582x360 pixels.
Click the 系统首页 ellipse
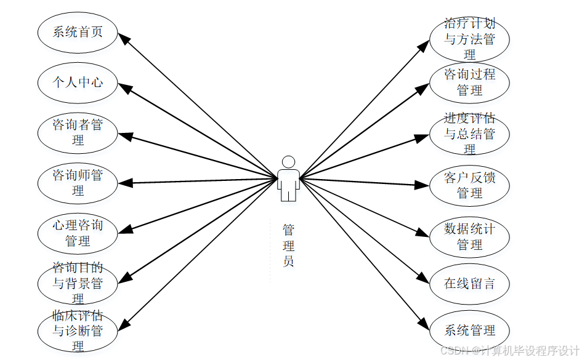pyautogui.click(x=78, y=32)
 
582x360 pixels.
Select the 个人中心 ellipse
pyautogui.click(x=78, y=82)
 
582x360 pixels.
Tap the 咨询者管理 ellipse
pyautogui.click(x=78, y=132)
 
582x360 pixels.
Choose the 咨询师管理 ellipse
pyautogui.click(x=78, y=183)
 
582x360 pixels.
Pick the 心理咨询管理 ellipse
pyautogui.click(x=78, y=233)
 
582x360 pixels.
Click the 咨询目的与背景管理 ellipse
pyautogui.click(x=78, y=284)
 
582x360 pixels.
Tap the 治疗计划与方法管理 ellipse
pyautogui.click(x=469, y=39)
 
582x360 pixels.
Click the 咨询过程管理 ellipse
pyautogui.click(x=469, y=82)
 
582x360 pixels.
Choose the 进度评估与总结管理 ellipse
pyautogui.click(x=469, y=134)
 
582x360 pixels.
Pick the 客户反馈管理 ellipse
pyautogui.click(x=469, y=185)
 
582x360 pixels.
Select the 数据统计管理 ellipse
pyautogui.click(x=469, y=237)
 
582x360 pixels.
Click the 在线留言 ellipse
pyautogui.click(x=469, y=284)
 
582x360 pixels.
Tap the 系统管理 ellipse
pyautogui.click(x=469, y=330)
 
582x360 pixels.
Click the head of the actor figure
pyautogui.click(x=288, y=162)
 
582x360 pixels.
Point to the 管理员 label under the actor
pyautogui.click(x=288, y=246)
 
